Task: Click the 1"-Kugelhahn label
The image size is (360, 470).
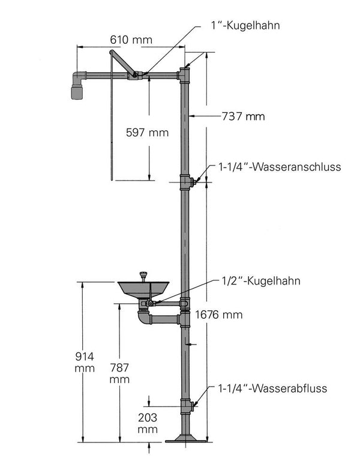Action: (x=245, y=25)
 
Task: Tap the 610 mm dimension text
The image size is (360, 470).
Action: (x=131, y=40)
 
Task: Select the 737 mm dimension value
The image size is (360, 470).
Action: (x=243, y=116)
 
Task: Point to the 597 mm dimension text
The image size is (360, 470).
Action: (x=147, y=132)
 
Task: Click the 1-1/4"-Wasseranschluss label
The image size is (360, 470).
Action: (x=280, y=167)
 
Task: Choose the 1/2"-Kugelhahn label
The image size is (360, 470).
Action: (x=260, y=281)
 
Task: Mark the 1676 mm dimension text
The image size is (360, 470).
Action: (x=218, y=315)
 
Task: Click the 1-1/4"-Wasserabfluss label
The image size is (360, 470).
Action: (x=272, y=388)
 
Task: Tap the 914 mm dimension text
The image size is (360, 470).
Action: (x=85, y=362)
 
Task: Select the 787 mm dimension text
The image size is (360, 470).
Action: (x=119, y=373)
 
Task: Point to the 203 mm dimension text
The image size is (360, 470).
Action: (x=148, y=423)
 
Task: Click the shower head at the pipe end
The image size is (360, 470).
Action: (x=77, y=92)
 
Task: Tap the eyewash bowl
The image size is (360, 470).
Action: (x=143, y=289)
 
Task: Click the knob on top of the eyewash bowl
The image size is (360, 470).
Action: (x=143, y=275)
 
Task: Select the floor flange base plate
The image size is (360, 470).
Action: (x=186, y=439)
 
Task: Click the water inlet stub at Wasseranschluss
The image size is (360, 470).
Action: (x=193, y=182)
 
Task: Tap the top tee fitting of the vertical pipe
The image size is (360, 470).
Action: (x=184, y=75)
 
